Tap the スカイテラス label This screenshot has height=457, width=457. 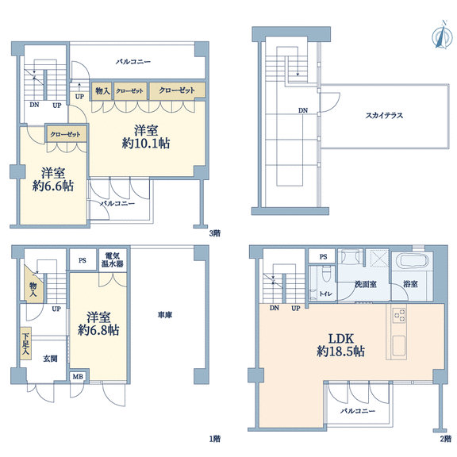[x=384, y=116]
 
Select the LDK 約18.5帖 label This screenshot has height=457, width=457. [x=340, y=345]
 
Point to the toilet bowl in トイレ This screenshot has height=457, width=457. [x=325, y=275]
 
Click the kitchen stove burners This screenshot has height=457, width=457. [x=399, y=315]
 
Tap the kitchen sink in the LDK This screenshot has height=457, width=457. [x=399, y=346]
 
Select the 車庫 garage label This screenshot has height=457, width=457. [x=165, y=315]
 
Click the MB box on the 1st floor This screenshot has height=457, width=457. [x=78, y=377]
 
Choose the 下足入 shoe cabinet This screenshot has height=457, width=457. [x=25, y=344]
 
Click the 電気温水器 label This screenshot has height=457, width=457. [x=113, y=260]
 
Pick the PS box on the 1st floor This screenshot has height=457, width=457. [x=83, y=259]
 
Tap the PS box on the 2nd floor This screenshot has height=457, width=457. [x=323, y=257]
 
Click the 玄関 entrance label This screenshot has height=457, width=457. [x=50, y=359]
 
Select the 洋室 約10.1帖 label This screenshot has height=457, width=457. [x=146, y=137]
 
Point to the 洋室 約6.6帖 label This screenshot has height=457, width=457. [x=52, y=179]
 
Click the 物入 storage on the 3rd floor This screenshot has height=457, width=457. [x=102, y=91]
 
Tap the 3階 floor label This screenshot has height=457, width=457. [x=215, y=233]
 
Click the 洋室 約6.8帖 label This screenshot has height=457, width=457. [x=98, y=324]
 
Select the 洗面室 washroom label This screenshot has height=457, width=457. [x=366, y=283]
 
